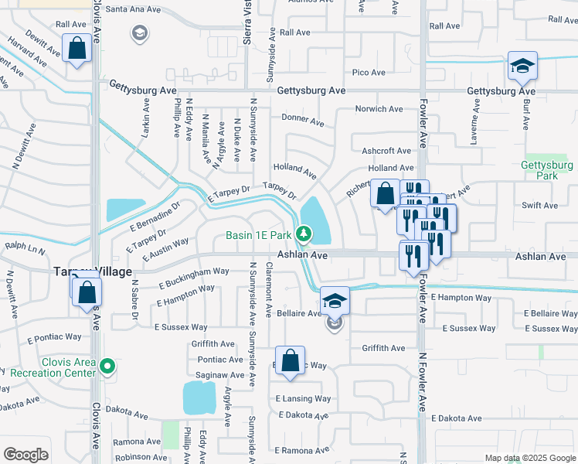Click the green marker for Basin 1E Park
coord(304,233)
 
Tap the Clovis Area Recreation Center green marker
coord(107,366)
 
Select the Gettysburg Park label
coord(546,170)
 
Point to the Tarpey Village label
coord(91,271)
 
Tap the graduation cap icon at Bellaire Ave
coord(335,301)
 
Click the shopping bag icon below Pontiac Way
coord(289,361)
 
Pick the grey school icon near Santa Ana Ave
coord(138,32)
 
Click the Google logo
coord(25,455)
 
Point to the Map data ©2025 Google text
coord(529,458)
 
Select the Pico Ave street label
coord(369,73)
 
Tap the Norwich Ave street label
coord(379,109)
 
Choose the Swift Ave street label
coord(539,205)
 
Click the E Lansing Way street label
coord(303,399)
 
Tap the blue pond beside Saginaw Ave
coord(199,397)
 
